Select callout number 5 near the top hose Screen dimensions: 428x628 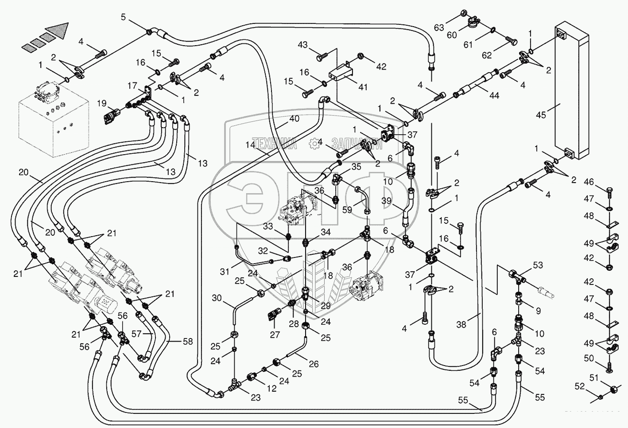123,17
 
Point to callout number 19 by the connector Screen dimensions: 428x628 102,104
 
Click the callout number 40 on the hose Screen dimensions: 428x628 294,119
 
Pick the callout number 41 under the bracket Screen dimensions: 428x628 363,87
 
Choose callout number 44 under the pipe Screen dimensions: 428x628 494,95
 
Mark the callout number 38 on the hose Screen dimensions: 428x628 461,325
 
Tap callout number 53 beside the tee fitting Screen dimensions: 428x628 538,266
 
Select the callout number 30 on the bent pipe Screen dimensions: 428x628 217,298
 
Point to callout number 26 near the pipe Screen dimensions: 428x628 313,364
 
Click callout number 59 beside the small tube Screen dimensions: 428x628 347,209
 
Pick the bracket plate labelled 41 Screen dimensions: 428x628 340,73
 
